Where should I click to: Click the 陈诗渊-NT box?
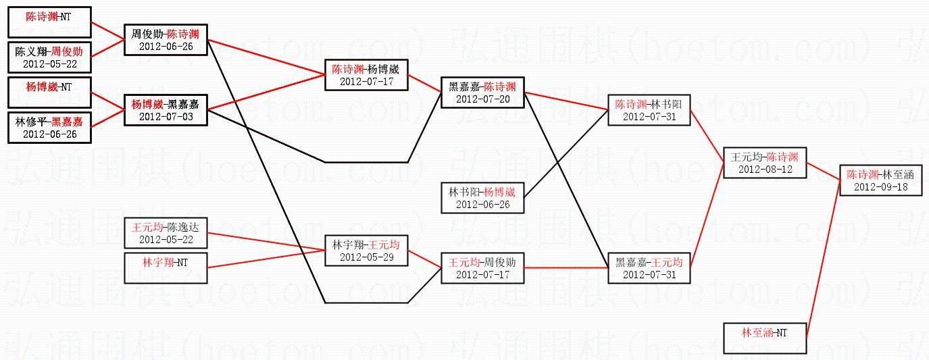[49, 22]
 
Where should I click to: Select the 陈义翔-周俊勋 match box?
[49, 57]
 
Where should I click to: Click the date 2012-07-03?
[166, 117]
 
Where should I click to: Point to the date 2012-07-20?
[482, 99]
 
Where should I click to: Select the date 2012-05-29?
[366, 257]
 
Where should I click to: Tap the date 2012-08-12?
[765, 169]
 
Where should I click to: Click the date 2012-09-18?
[880, 186]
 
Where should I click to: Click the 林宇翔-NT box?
[165, 267]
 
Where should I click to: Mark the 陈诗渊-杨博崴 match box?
[366, 75]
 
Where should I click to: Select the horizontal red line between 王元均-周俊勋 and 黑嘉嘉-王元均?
[566, 268]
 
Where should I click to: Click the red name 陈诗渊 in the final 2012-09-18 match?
[863, 174]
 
